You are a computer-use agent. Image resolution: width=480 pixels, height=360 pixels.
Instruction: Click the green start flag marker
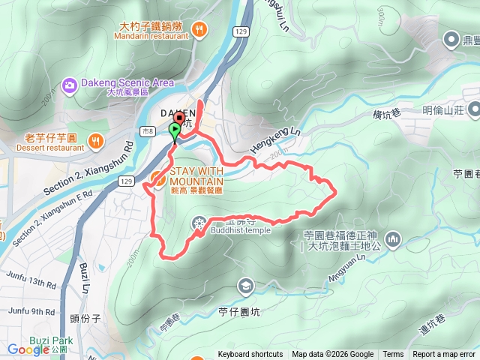click(175, 132)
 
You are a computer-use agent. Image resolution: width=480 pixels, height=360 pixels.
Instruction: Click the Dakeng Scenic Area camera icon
click(69, 85)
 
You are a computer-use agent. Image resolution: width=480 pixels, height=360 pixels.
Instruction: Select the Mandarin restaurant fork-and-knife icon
click(199, 29)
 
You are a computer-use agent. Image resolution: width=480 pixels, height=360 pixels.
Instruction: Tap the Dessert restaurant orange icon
click(95, 139)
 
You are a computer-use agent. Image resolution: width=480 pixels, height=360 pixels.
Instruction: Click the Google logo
click(28, 349)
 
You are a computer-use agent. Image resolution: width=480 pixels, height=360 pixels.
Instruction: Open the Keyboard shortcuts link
click(250, 355)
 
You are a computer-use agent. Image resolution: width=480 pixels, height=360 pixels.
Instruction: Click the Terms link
click(393, 355)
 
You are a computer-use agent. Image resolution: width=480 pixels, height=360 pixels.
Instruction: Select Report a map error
click(444, 355)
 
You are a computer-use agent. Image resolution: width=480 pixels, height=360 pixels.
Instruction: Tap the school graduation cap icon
click(245, 286)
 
